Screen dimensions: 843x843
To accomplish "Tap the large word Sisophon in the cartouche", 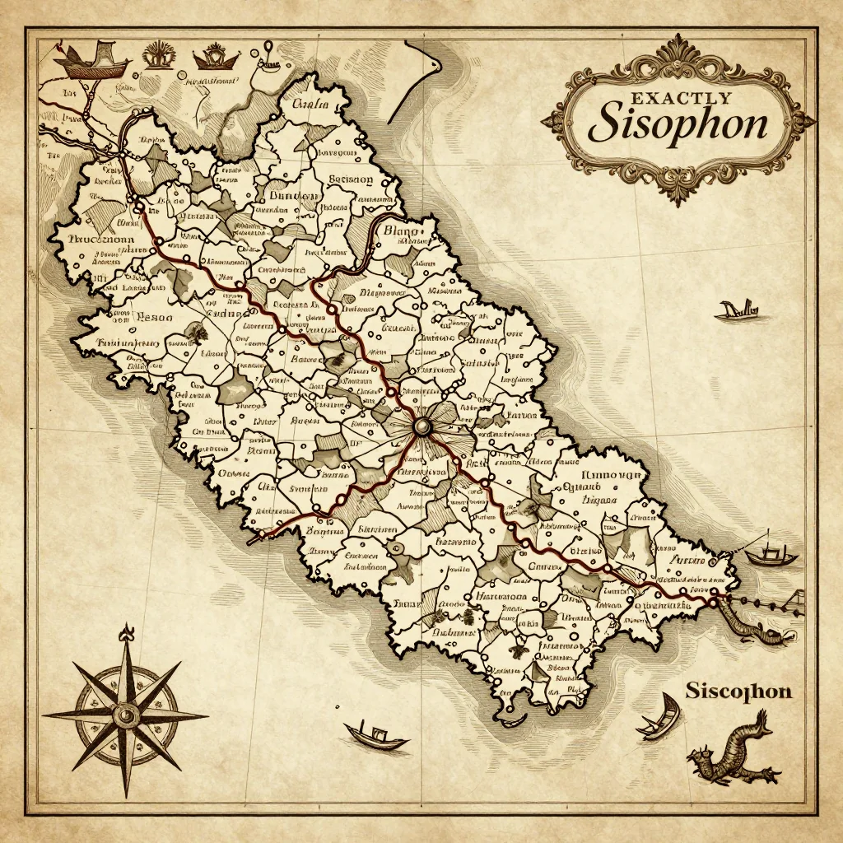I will (679, 124).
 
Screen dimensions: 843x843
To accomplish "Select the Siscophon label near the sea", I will (738, 690).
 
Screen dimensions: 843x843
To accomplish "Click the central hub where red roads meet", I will (422, 426).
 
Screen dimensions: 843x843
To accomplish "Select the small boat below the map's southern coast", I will (376, 735).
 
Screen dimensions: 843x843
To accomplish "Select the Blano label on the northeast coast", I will (403, 233).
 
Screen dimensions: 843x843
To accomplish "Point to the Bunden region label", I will (293, 198).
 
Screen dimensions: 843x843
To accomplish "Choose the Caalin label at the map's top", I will (310, 105).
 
